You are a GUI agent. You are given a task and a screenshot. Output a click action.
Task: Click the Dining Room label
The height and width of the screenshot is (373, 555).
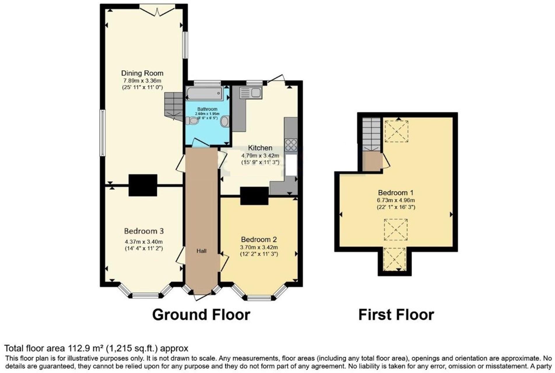click(142, 73)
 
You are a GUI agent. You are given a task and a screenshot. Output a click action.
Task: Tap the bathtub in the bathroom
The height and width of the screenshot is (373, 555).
click(204, 93)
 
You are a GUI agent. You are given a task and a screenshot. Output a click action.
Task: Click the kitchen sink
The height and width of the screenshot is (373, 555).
click(251, 93)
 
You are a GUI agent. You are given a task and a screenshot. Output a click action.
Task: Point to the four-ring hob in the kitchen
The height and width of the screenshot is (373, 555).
click(291, 145)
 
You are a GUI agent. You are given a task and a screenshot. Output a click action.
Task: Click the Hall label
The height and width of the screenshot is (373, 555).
click(201, 251)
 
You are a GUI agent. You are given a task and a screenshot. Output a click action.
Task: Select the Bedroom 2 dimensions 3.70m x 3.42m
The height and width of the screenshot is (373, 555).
click(259, 247)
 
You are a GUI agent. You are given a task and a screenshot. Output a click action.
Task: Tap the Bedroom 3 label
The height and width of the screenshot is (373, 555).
click(144, 231)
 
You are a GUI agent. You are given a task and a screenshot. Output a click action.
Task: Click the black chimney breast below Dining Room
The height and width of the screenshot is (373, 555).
click(143, 185)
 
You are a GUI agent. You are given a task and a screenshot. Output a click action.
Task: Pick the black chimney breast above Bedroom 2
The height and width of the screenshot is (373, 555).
click(254, 196)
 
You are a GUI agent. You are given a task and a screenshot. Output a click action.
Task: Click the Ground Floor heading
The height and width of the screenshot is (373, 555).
click(201, 315)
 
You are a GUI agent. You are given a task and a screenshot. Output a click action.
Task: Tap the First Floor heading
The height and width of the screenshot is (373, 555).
click(396, 315)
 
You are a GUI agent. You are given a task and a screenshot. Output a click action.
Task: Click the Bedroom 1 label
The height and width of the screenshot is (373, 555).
click(396, 193)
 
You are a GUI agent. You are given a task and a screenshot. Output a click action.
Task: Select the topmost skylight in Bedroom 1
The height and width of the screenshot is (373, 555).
click(396, 131)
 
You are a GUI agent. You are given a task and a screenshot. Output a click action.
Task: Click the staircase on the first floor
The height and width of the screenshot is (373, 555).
click(372, 134)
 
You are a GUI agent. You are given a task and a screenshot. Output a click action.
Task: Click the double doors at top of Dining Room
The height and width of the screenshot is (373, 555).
click(157, 10)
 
